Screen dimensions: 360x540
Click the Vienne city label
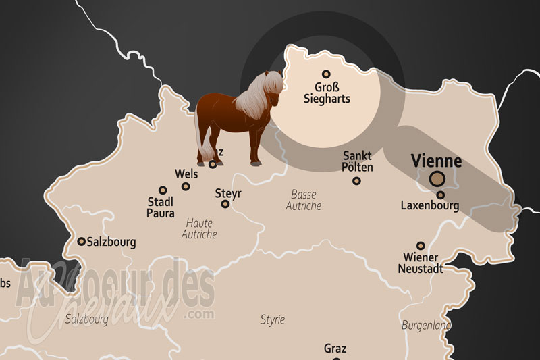tap(437, 161)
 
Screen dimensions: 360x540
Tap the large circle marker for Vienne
tap(437, 179)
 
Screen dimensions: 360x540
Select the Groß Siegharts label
tap(332, 93)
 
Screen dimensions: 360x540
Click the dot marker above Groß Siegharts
tap(326, 74)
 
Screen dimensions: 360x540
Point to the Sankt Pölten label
tap(357, 161)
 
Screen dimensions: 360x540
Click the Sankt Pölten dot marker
tap(357, 180)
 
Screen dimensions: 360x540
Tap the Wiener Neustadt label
tap(420, 263)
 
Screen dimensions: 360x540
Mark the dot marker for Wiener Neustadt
tap(421, 246)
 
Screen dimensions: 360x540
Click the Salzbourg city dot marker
tap(82, 241)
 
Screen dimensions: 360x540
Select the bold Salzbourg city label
tap(112, 241)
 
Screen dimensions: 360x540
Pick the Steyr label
tap(228, 194)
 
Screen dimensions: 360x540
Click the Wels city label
tap(186, 174)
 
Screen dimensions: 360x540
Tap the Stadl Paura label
tap(161, 207)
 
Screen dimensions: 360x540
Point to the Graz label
tap(335, 349)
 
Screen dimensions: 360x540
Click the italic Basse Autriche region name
tap(304, 200)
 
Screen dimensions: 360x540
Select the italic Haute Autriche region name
tap(199, 228)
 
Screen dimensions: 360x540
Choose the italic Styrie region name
tap(273, 319)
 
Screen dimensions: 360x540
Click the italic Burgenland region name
tap(426, 325)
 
